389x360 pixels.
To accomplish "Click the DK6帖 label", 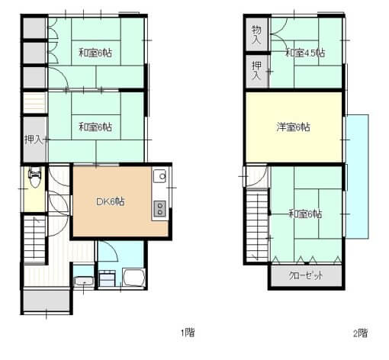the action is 111,201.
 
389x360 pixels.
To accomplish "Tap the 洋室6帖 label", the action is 293,127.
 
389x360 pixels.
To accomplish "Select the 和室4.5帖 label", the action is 305,53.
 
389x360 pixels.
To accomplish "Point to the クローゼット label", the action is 306,275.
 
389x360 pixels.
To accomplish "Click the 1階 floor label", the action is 188,333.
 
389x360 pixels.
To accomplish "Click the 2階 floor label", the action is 361,333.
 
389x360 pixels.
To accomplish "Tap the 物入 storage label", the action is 256,34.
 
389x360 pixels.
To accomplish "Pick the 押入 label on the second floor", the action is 256,70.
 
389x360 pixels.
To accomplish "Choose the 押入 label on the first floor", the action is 34,140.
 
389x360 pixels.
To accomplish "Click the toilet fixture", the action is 34,177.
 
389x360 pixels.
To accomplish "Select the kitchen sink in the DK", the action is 160,175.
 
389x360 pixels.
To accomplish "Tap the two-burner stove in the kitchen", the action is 159,208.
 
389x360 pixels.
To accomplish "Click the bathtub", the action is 134,278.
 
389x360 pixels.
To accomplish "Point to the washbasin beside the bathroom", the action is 84,281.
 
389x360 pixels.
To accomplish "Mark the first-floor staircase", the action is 34,239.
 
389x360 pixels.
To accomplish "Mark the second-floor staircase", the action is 257,225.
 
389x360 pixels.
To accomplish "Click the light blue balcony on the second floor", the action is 357,176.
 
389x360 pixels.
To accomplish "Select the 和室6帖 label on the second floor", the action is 305,214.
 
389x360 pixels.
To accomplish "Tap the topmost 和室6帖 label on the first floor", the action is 95,53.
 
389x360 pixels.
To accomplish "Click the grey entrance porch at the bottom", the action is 47,301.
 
